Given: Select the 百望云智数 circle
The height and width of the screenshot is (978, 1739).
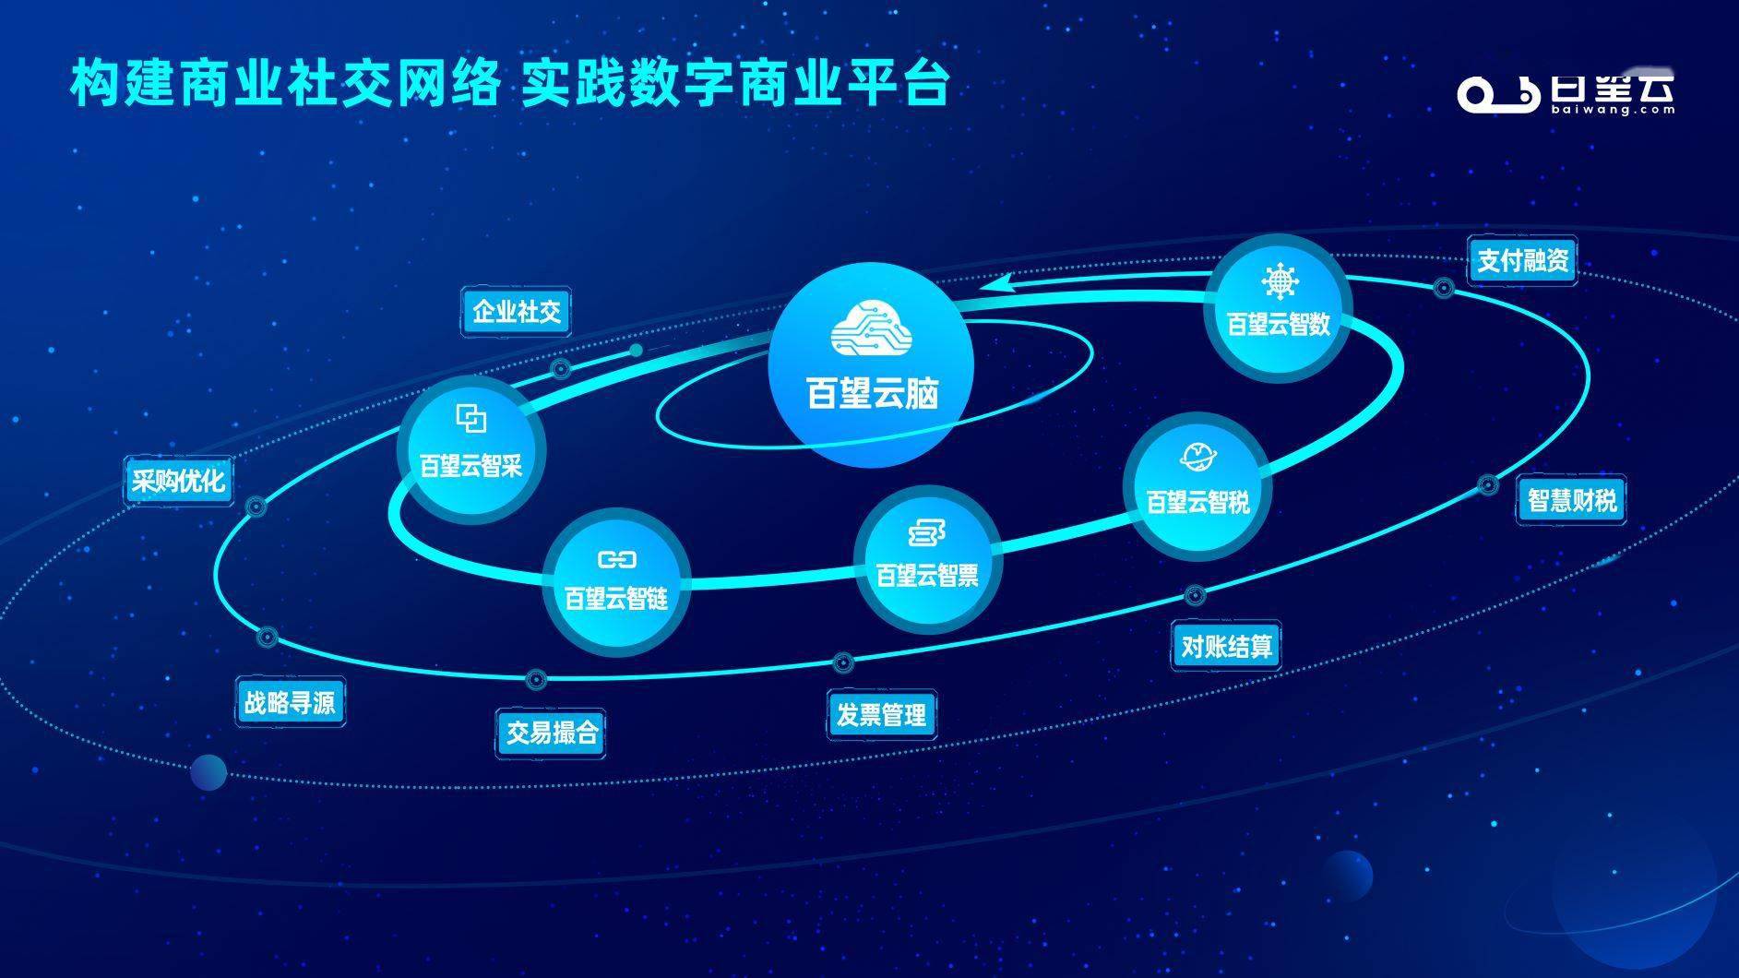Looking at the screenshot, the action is pyautogui.click(x=1278, y=307).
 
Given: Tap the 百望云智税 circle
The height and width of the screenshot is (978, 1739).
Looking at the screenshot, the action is pyautogui.click(x=1197, y=486).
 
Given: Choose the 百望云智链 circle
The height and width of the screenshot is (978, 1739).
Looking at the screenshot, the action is pyautogui.click(x=616, y=582).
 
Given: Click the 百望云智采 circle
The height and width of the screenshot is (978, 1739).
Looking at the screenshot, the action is pyautogui.click(x=471, y=449).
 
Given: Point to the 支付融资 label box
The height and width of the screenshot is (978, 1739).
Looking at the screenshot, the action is pyautogui.click(x=1522, y=260).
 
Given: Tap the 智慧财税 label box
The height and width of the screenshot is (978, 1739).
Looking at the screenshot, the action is pyautogui.click(x=1572, y=501).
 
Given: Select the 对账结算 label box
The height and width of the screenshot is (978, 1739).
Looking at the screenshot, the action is pyautogui.click(x=1226, y=646).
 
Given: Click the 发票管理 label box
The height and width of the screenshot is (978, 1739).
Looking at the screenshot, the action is pyautogui.click(x=881, y=714).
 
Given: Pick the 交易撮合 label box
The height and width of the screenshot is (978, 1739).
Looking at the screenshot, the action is pyautogui.click(x=552, y=733).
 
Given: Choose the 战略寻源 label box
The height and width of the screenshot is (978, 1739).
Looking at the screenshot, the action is pyautogui.click(x=289, y=703).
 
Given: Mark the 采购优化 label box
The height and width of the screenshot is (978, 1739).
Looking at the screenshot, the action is pyautogui.click(x=178, y=481).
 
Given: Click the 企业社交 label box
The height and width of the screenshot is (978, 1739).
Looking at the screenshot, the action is pyautogui.click(x=516, y=312).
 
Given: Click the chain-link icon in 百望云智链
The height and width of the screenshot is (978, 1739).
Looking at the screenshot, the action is pyautogui.click(x=616, y=559).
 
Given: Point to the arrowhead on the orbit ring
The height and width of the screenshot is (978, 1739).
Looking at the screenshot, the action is pyautogui.click(x=998, y=280).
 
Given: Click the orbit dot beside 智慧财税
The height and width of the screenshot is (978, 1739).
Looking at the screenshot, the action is pyautogui.click(x=1487, y=484).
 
